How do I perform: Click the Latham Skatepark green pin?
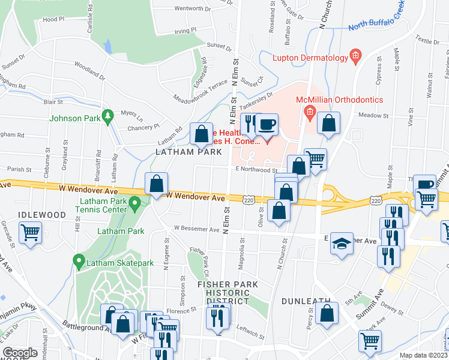coord(78,261)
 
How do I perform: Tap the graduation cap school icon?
coord(342,244)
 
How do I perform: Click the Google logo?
coord(20,353)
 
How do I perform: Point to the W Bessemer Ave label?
coord(196,228)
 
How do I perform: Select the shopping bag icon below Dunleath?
coord(327,314)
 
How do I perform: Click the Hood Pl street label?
coord(54,19)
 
